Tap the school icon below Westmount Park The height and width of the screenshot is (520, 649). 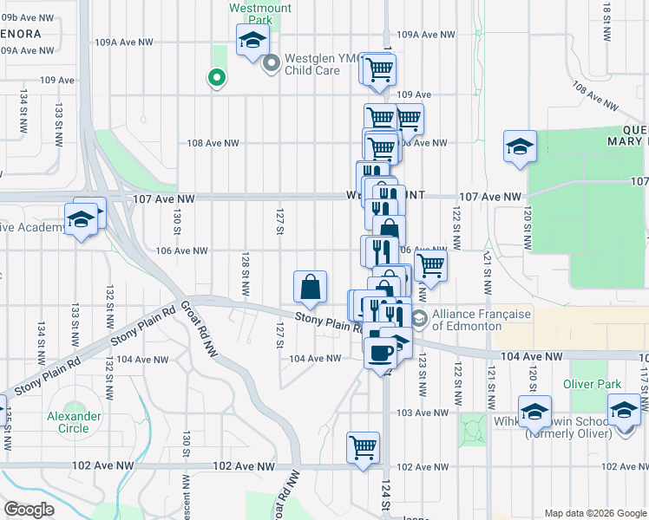252,40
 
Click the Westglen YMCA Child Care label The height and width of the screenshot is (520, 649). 313,64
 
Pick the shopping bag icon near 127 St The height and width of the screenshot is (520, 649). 311,286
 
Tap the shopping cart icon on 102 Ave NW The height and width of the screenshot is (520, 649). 364,448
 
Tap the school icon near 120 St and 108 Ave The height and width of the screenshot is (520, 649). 520,146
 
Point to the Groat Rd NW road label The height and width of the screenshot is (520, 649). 198,329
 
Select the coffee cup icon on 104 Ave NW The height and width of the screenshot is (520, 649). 379,352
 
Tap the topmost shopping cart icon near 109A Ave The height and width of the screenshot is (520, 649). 379,68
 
